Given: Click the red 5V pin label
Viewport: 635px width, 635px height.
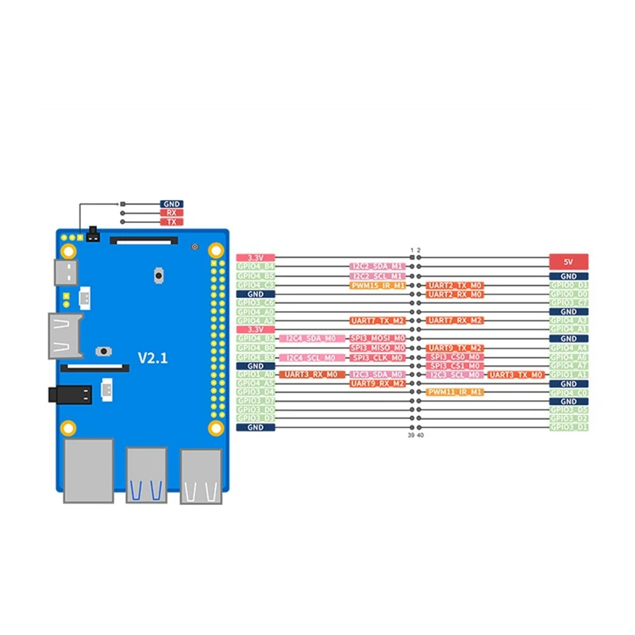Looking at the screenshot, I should pos(568,261).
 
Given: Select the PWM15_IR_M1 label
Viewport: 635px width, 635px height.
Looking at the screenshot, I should pos(377,285).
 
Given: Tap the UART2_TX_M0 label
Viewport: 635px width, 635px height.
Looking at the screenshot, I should pos(454,285).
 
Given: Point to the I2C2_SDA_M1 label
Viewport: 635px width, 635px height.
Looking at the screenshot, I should pos(377,267).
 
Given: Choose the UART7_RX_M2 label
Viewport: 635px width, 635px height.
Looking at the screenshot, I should pos(454,320).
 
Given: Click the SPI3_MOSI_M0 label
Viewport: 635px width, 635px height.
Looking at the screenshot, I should pos(377,338).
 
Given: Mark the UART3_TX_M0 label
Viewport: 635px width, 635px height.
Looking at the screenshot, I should pos(516,374).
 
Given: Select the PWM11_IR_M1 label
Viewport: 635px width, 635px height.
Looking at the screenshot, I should pos(454,391).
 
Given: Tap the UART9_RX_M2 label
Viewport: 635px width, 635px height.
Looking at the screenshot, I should pos(377,383).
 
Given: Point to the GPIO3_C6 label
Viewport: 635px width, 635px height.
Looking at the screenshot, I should pos(256,302).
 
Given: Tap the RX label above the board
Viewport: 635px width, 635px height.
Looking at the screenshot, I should pos(171,213).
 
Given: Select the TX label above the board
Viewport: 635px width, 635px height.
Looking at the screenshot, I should pos(171,222).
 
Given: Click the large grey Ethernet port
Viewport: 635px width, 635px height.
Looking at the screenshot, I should pos(88,472).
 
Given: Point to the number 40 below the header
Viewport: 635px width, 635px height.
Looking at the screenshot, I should pos(420,436).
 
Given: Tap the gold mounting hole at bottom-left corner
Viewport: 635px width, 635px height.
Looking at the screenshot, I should pos(70,429).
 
